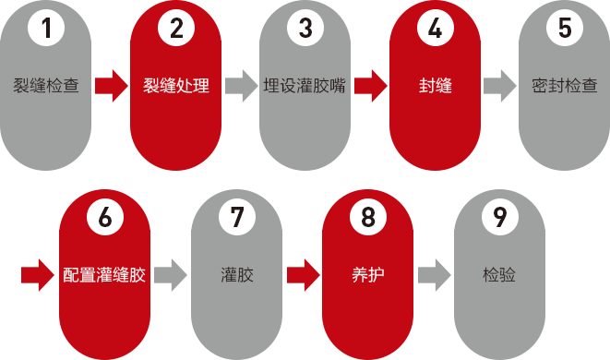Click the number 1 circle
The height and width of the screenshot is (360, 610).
coord(46,29)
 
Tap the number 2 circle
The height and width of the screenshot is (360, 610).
coord(176,29)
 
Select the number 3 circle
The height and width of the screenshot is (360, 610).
coord(305,29)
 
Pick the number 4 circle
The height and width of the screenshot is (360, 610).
coord(435,29)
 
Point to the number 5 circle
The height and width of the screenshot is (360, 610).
coord(565,29)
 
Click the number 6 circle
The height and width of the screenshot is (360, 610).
coord(104,218)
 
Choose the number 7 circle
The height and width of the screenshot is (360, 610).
coord(236,218)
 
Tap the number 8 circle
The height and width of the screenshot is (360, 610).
coord(368,218)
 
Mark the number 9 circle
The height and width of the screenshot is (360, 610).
coord(500,218)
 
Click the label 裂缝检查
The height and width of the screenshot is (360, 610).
coord(46,87)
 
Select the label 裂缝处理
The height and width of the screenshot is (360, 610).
coord(176,87)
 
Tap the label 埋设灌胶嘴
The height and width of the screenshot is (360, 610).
coord(305,87)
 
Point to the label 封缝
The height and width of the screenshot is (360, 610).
coord(435,87)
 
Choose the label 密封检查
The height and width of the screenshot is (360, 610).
coord(565,87)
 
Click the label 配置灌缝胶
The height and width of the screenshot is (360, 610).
coord(104,275)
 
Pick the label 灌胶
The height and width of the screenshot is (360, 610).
coord(236,275)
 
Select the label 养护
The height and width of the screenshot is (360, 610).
coord(368,275)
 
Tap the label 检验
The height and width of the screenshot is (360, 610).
coord(499,275)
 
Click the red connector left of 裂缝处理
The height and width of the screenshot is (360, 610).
coord(111,86)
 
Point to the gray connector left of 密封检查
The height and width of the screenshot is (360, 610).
coord(499,86)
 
